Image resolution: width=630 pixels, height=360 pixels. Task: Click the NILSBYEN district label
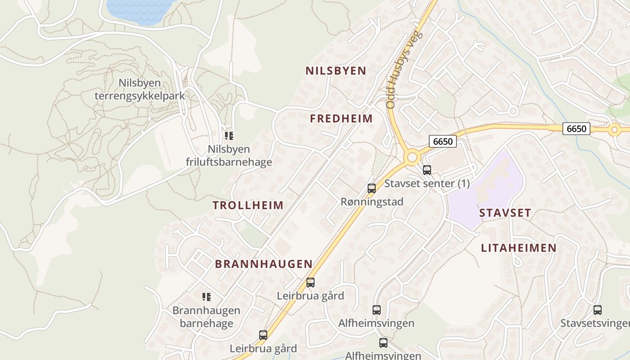tap(336, 71)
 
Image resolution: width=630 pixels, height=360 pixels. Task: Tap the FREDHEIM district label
tap(341, 119)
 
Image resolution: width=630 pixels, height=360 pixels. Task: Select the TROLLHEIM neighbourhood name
tap(248, 206)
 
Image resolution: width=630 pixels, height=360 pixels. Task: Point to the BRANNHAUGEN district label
tap(264, 264)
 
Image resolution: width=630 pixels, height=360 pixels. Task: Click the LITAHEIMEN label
tap(518, 248)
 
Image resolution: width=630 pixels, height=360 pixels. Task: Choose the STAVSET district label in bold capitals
tap(505, 213)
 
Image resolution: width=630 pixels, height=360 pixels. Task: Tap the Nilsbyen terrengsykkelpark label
tap(139, 89)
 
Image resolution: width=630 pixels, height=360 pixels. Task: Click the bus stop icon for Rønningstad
tap(371, 189)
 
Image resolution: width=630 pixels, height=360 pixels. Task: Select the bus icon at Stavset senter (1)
tap(427, 170)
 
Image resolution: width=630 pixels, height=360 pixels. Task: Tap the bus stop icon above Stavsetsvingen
tap(597, 310)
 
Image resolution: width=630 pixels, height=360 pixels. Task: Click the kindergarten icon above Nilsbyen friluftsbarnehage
tap(229, 135)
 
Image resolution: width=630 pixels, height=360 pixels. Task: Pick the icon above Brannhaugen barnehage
tap(207, 297)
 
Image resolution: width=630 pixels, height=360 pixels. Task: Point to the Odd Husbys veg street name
tap(403, 70)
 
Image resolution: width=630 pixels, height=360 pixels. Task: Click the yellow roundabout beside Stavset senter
tap(412, 157)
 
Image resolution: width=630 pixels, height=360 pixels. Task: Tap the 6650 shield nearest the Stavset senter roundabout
tap(442, 141)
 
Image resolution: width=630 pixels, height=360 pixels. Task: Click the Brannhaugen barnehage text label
tap(207, 317)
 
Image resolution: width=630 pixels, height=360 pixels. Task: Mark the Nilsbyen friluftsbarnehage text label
tap(229, 155)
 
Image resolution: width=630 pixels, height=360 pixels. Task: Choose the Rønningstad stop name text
tap(372, 202)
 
